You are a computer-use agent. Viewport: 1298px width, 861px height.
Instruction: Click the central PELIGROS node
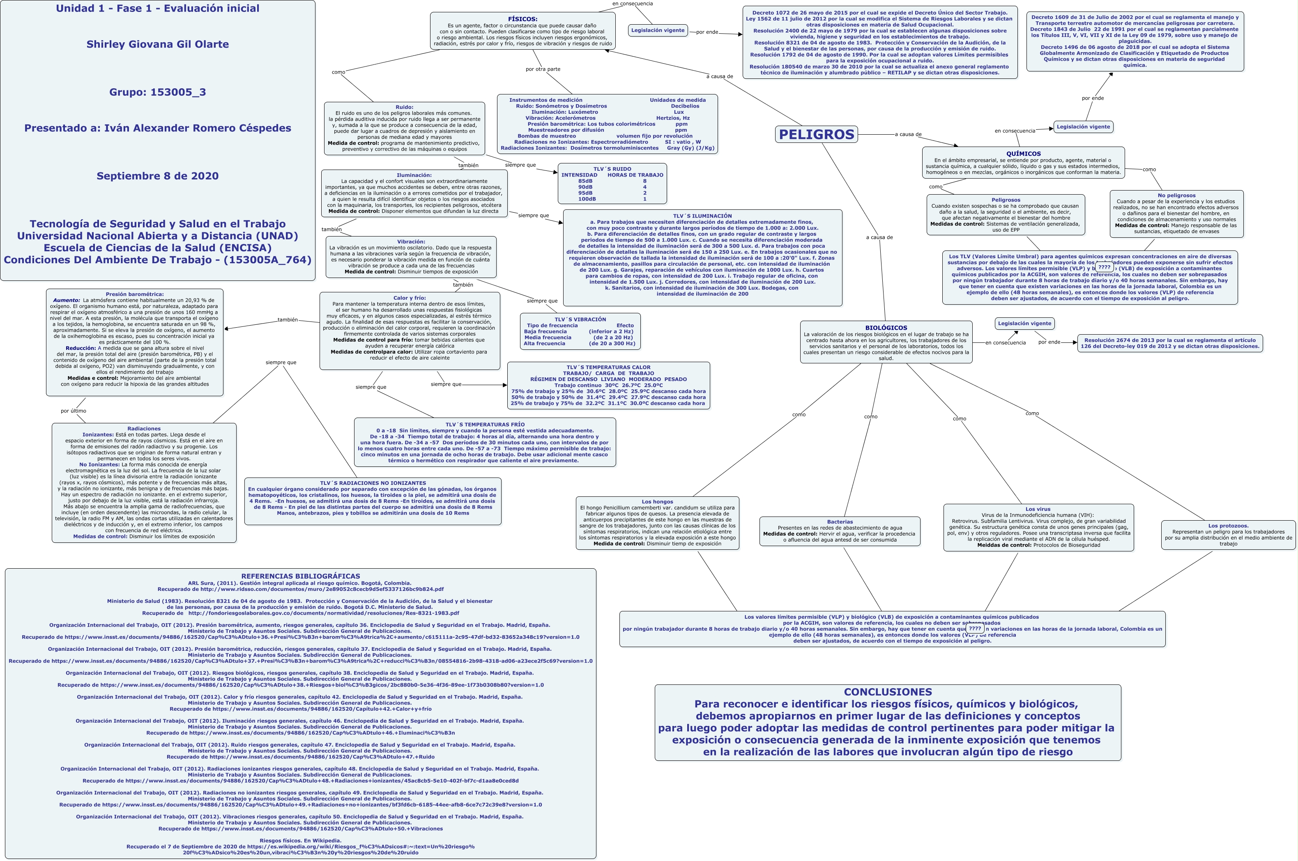[816, 135]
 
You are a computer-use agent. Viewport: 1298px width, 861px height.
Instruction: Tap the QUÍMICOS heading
[1023, 154]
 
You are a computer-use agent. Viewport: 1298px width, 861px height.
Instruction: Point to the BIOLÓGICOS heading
[886, 328]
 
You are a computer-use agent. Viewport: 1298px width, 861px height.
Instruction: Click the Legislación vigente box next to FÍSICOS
[658, 30]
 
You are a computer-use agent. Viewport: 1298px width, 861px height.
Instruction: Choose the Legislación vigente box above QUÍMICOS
[1083, 127]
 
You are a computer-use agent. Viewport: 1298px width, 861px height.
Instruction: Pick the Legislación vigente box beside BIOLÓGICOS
[1024, 324]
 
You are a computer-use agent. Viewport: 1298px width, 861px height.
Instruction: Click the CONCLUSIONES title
[888, 692]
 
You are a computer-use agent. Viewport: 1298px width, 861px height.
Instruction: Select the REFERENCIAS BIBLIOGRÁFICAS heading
[300, 576]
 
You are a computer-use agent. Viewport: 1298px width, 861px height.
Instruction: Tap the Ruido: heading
[404, 107]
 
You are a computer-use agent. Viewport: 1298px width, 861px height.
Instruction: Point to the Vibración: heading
[411, 241]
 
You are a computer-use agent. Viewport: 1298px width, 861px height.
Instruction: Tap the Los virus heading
[1038, 509]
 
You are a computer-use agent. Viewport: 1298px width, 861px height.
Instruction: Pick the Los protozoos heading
[1228, 526]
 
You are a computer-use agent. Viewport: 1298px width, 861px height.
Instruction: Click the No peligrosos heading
[1176, 195]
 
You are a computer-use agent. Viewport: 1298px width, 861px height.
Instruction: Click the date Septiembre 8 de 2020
[158, 176]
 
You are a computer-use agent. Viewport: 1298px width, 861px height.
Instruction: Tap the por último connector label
[73, 411]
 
